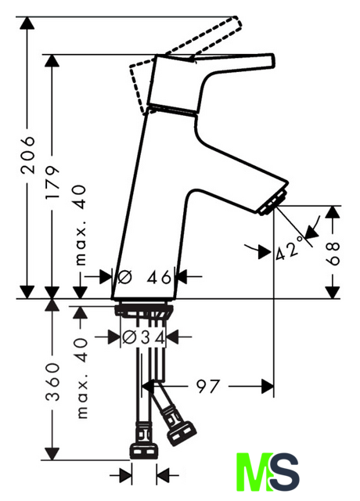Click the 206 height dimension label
27,155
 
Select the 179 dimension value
52,182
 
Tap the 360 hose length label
52,382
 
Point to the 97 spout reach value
208,386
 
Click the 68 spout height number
333,254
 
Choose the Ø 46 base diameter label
144,276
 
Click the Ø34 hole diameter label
144,337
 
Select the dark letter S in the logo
285,472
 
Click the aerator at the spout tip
272,204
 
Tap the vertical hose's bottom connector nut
143,452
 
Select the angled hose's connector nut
181,433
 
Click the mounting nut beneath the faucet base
144,311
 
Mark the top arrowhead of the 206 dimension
27,23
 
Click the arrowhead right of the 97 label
268,386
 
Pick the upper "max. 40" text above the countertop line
81,225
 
